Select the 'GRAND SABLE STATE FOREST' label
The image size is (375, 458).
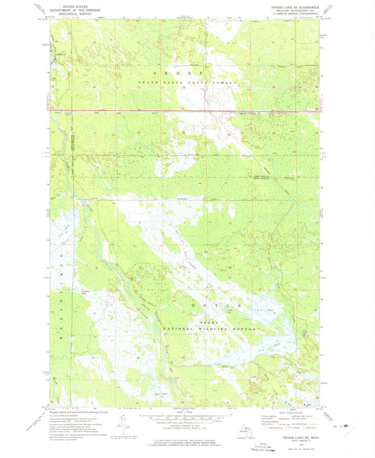click(187, 83)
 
